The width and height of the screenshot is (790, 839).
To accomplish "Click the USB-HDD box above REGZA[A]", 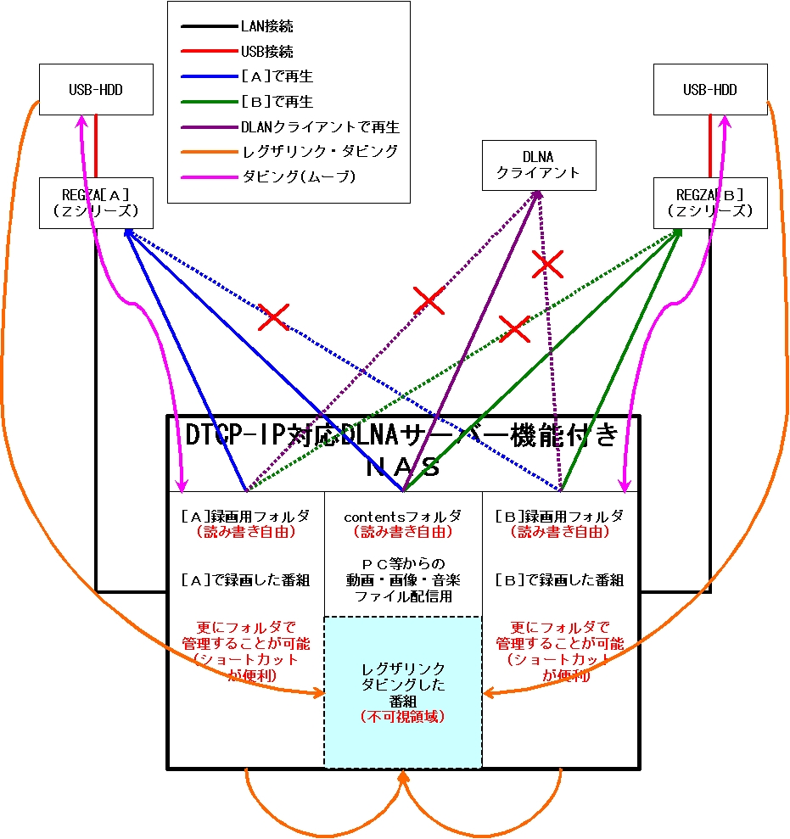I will click(x=97, y=89).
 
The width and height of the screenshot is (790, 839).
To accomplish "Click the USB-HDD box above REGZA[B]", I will click(x=710, y=89).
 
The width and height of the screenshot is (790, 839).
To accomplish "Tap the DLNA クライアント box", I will click(x=539, y=165).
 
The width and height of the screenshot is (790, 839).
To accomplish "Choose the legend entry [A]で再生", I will click(x=277, y=77).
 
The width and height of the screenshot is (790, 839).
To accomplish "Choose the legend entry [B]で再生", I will click(x=277, y=102).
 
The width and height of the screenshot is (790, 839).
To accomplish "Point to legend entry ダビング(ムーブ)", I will click(x=298, y=176).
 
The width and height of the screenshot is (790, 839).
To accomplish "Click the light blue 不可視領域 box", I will click(x=402, y=691).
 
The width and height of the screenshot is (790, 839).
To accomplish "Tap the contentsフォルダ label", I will click(x=402, y=516).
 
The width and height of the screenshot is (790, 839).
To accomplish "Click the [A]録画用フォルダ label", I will click(x=246, y=516).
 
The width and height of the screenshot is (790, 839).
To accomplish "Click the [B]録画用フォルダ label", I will click(x=559, y=516).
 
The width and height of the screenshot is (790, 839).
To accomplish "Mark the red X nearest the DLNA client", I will click(x=547, y=265).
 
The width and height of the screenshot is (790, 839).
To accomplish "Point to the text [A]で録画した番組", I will click(x=246, y=580).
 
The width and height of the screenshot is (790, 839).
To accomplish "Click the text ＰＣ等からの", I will click(x=402, y=563).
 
